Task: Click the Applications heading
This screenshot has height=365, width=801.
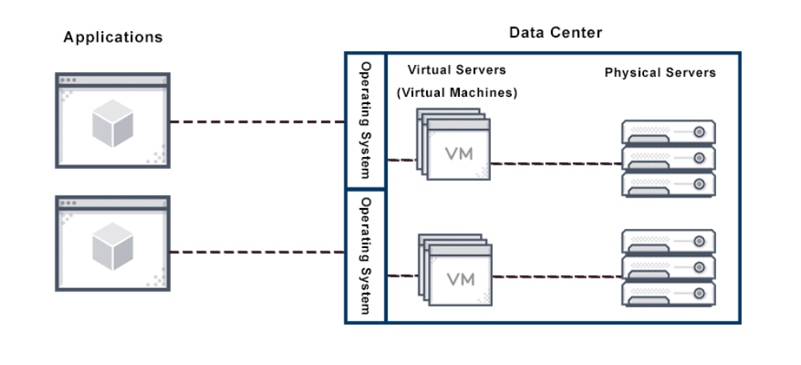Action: pyautogui.click(x=113, y=38)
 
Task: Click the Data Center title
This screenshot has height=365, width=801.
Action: pyautogui.click(x=555, y=33)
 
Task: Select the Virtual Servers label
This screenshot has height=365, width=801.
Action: pyautogui.click(x=457, y=70)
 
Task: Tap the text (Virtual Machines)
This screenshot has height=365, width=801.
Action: pyautogui.click(x=457, y=93)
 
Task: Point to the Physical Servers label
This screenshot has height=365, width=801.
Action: pyautogui.click(x=660, y=73)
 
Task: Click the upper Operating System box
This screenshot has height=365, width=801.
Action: pyautogui.click(x=365, y=121)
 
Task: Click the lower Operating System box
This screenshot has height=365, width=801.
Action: pyautogui.click(x=365, y=255)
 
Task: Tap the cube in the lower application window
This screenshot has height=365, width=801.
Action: pyautogui.click(x=112, y=247)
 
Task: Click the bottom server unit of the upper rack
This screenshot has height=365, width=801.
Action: pyautogui.click(x=668, y=184)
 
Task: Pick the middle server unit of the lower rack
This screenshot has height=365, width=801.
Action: pyautogui.click(x=668, y=267)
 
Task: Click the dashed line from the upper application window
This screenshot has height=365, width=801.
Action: pyautogui.click(x=256, y=122)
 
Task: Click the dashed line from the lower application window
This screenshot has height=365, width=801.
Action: pyautogui.click(x=256, y=252)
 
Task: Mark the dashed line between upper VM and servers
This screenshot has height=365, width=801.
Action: pyautogui.click(x=557, y=164)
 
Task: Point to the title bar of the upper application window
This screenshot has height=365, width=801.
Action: pyautogui.click(x=112, y=80)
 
